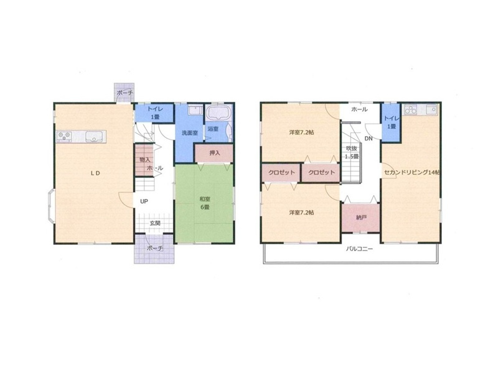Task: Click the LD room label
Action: pyautogui.click(x=96, y=173)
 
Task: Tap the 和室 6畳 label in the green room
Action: pyautogui.click(x=205, y=203)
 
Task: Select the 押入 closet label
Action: pyautogui.click(x=215, y=153)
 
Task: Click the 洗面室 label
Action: pyautogui.click(x=190, y=133)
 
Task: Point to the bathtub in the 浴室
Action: pyautogui.click(x=218, y=113)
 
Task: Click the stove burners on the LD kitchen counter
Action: pyautogui.click(x=64, y=136)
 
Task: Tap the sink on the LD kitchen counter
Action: pyautogui.click(x=94, y=137)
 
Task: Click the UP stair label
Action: pyautogui.click(x=144, y=201)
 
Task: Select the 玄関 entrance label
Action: pyautogui.click(x=155, y=223)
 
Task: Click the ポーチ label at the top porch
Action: pyautogui.click(x=125, y=93)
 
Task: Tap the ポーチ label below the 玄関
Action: pyautogui.click(x=155, y=248)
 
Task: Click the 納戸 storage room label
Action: pyautogui.click(x=362, y=218)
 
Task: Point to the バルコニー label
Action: pyautogui.click(x=359, y=249)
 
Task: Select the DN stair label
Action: pyautogui.click(x=369, y=138)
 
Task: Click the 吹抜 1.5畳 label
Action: pyautogui.click(x=352, y=152)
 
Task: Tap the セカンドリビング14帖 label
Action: pyautogui.click(x=412, y=173)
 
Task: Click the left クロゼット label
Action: pyautogui.click(x=281, y=173)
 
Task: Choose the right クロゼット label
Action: pyautogui.click(x=321, y=173)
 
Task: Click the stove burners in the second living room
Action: pyautogui.click(x=411, y=110)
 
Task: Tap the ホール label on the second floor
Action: pyautogui.click(x=359, y=109)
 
